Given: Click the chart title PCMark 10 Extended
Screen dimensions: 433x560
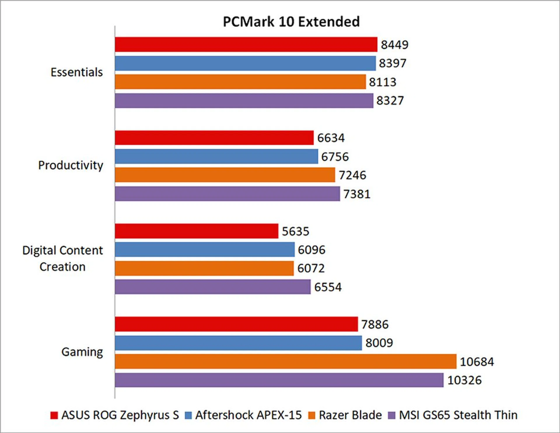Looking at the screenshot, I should coord(291,22).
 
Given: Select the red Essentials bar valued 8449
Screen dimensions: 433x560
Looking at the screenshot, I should coord(246,45).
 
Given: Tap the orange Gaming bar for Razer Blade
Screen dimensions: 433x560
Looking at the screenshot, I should coord(285,362).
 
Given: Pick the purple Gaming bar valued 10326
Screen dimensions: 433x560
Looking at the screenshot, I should coord(279,380).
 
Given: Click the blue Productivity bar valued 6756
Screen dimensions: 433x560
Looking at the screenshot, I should coord(216,157).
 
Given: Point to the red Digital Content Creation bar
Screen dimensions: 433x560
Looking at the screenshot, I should coord(196,231).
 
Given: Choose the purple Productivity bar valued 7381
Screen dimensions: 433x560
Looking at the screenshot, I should coord(227,194).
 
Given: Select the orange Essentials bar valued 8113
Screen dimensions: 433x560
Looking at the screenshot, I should coord(240,82).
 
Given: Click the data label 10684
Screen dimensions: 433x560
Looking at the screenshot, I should coord(477,362).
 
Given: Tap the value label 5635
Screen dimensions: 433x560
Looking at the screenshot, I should coord(295,232).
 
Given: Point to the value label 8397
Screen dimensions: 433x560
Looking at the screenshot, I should coord(393,63).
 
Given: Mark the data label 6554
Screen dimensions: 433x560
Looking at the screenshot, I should coord(328,287).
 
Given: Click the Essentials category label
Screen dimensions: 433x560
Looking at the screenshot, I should coord(77,72).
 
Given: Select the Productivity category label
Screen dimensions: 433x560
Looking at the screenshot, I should coord(71,165).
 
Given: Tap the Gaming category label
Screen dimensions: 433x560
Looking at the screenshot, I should coord(82,352).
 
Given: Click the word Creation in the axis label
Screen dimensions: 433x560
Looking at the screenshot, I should coord(62,267).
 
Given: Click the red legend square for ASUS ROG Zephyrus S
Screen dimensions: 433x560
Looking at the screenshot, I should coord(54,415).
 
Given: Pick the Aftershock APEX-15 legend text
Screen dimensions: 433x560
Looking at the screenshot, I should coord(249,415).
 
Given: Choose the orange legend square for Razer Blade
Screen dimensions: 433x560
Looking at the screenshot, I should coord(312,415).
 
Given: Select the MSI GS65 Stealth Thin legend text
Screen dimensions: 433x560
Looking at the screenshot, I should coord(458,415).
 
